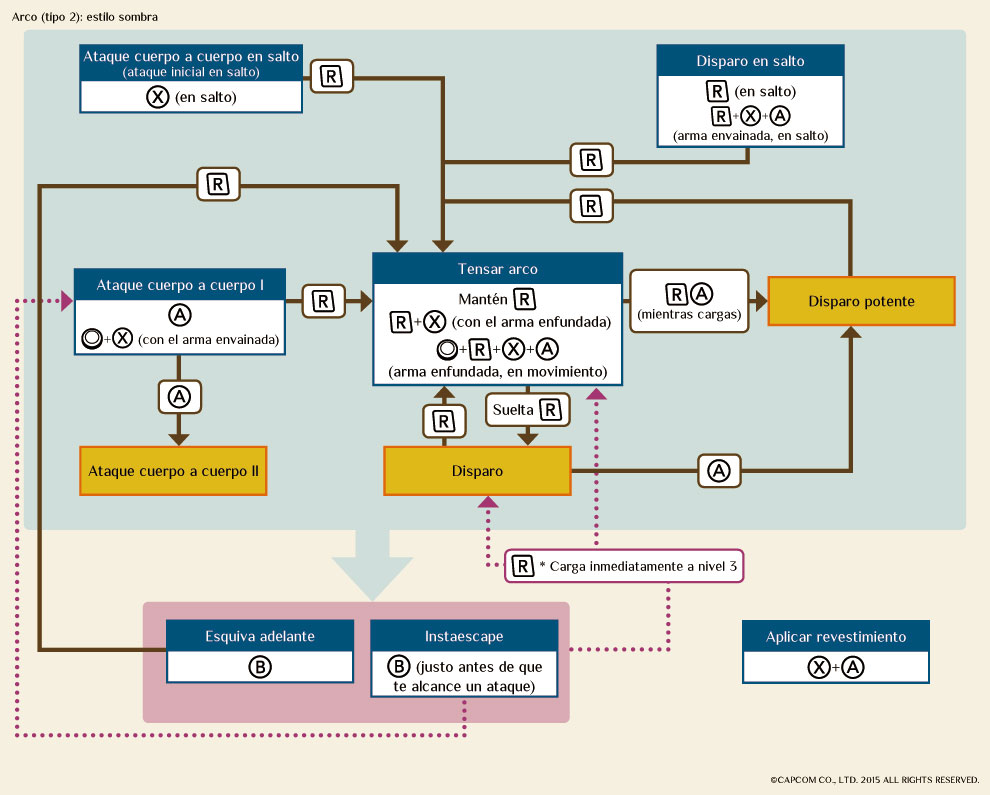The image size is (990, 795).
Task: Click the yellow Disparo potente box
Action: point(861,301)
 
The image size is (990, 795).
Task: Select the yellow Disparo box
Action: point(477,470)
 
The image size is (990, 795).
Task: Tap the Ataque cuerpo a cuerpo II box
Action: point(173,470)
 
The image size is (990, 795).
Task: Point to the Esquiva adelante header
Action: point(260,635)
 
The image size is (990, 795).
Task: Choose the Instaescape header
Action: point(464,635)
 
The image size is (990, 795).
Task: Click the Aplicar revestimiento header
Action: point(836,636)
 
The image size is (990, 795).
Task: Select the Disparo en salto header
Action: point(750,61)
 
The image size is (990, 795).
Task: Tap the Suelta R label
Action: point(526,409)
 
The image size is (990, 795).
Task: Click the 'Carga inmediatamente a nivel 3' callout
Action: point(626,566)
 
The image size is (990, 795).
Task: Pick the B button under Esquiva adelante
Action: point(260,666)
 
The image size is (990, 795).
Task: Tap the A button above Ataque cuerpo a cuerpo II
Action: point(179,397)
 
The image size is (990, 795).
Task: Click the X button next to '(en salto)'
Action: point(157,97)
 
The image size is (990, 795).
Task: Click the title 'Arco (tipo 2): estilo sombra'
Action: point(85,17)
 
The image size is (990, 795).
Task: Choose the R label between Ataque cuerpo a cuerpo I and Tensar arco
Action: point(322,300)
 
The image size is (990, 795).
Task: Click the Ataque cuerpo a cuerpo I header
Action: point(180,285)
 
